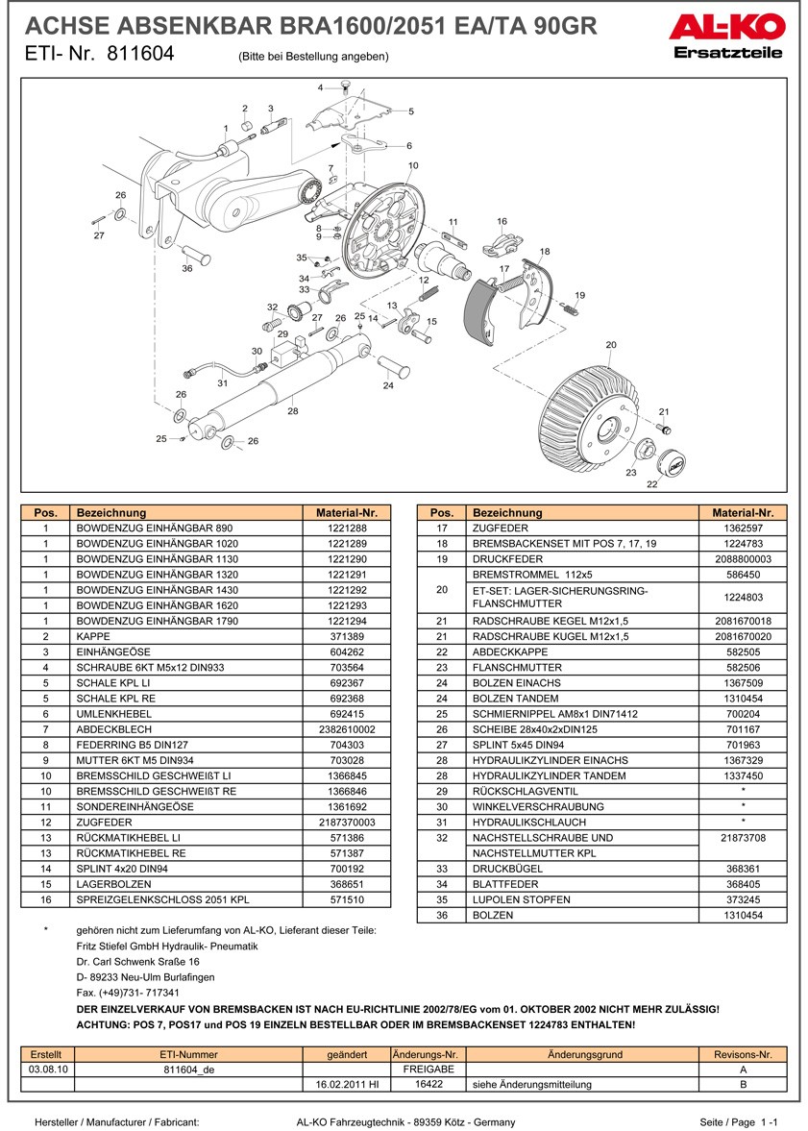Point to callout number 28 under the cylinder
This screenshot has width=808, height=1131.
coord(293,411)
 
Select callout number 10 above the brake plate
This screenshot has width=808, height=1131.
coord(413,166)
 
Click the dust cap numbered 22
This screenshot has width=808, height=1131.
coord(672,466)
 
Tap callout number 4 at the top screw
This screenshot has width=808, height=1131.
coord(321,88)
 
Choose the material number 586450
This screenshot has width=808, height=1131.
coord(743,575)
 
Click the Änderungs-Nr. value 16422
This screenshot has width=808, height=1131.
coord(428,1084)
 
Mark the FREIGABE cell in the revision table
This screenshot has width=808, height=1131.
coord(428,1069)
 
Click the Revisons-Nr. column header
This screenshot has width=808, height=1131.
coord(743,1054)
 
